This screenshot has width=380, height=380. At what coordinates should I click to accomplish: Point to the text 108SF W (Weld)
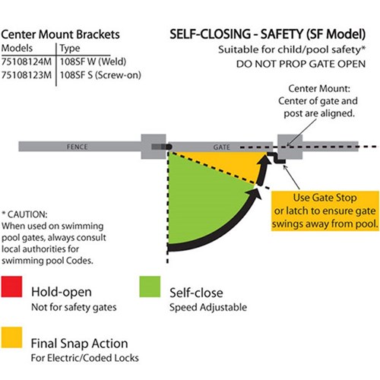(89, 62)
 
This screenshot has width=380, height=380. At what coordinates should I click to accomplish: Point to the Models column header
(18, 49)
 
